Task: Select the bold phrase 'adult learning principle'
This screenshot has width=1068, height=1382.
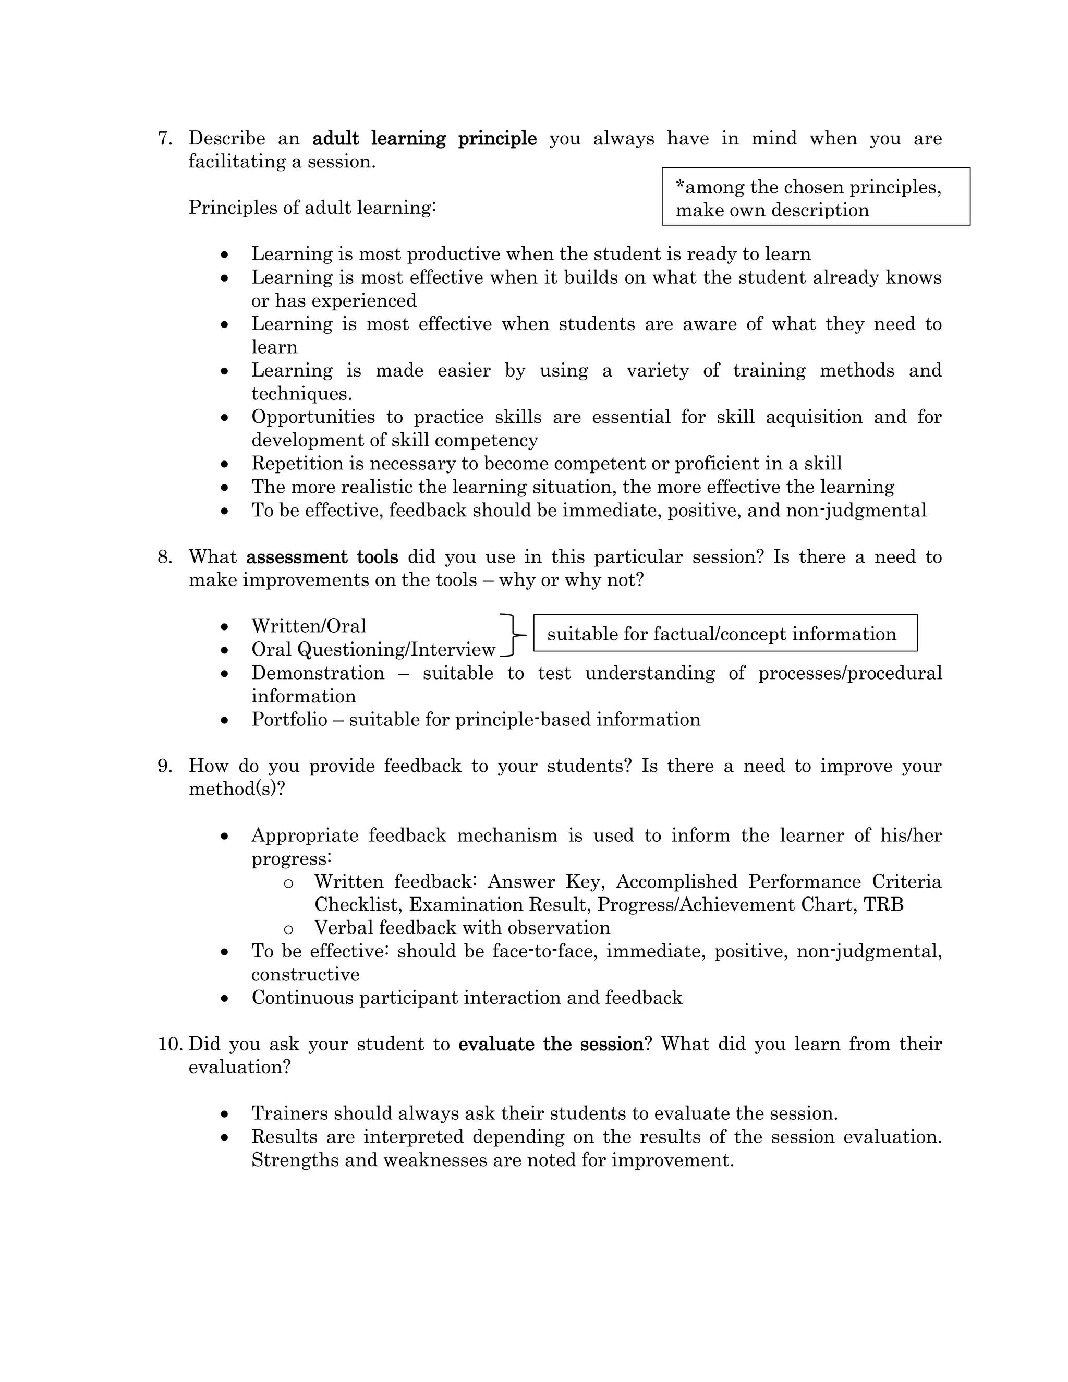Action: [x=424, y=139]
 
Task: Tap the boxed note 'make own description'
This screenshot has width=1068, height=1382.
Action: [x=772, y=210]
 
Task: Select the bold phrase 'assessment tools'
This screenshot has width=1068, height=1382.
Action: [x=322, y=557]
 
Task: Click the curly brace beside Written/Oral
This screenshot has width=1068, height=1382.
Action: [x=514, y=635]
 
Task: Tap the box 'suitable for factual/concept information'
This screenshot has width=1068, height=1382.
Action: [x=725, y=634]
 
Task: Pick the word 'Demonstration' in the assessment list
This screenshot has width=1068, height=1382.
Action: [x=318, y=673]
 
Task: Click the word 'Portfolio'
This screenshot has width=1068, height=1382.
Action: [x=289, y=720]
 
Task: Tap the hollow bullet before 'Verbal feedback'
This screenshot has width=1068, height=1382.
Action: [x=288, y=929]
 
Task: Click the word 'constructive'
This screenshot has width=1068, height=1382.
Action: [x=305, y=975]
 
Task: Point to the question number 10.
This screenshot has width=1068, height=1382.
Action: [x=169, y=1044]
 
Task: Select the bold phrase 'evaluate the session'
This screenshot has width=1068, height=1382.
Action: [x=551, y=1044]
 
